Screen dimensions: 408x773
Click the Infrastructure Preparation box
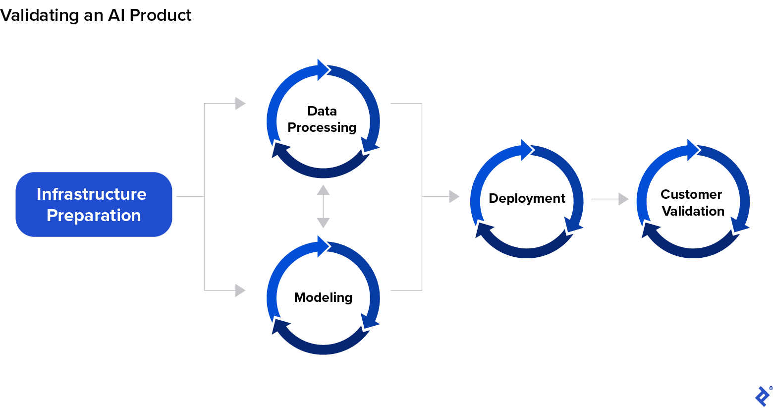[94, 204]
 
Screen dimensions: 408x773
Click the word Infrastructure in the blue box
[92, 194]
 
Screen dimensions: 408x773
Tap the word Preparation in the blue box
[94, 216]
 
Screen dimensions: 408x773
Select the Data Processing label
[322, 119]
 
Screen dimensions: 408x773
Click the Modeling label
[323, 297]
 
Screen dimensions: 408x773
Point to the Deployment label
[527, 198]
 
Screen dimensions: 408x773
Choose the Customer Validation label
[692, 203]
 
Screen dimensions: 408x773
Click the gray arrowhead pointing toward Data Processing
[240, 104]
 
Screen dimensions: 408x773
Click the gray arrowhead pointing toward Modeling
[240, 290]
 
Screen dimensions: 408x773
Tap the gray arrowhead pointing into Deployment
[454, 196]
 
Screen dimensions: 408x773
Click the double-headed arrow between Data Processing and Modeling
[323, 206]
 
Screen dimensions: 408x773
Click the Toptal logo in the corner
[763, 396]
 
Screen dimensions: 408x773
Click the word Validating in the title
[39, 15]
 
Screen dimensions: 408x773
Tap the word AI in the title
[116, 15]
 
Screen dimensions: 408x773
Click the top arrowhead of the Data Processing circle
[324, 70]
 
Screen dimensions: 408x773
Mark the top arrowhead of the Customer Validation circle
[693, 150]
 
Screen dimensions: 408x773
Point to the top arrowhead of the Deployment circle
[527, 150]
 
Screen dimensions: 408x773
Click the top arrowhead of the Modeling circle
[324, 246]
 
